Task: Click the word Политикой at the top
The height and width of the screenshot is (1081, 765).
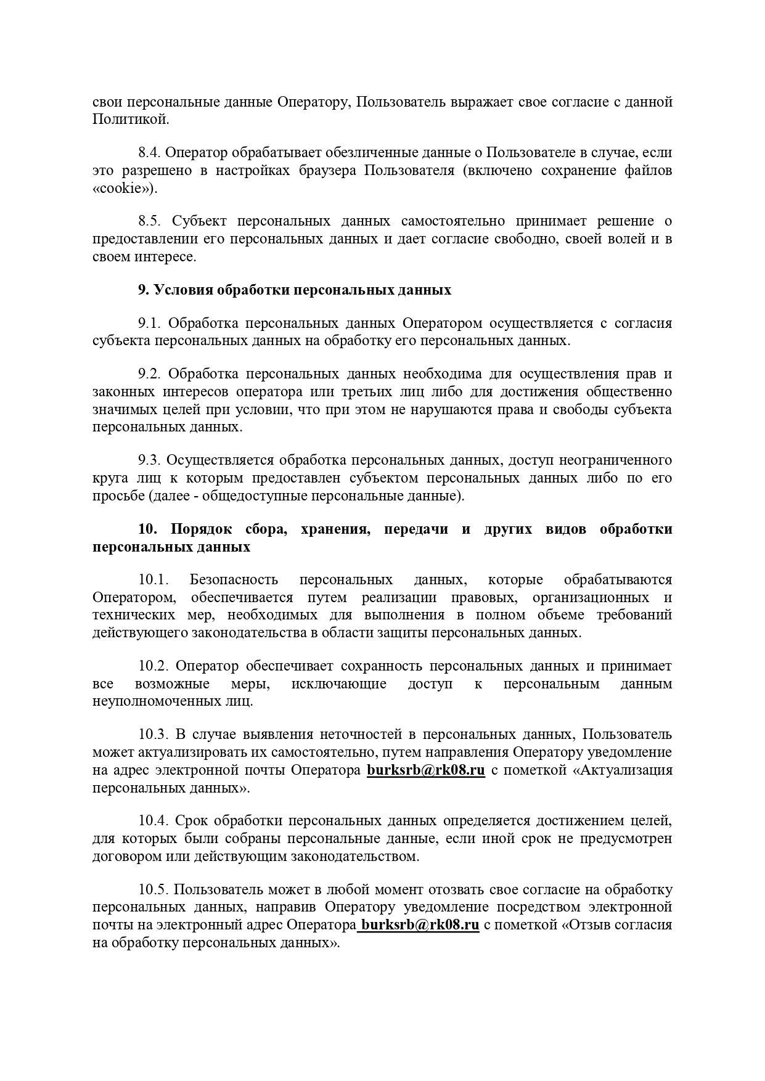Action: (x=129, y=120)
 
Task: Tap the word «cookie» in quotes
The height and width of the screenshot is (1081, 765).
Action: (x=125, y=189)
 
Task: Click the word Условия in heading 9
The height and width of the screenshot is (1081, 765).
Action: (x=184, y=290)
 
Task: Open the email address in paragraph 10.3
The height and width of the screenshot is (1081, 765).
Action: (x=426, y=770)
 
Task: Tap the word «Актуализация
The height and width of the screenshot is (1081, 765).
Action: (x=623, y=770)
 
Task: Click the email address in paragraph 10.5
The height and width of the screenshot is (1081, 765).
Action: (x=420, y=925)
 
